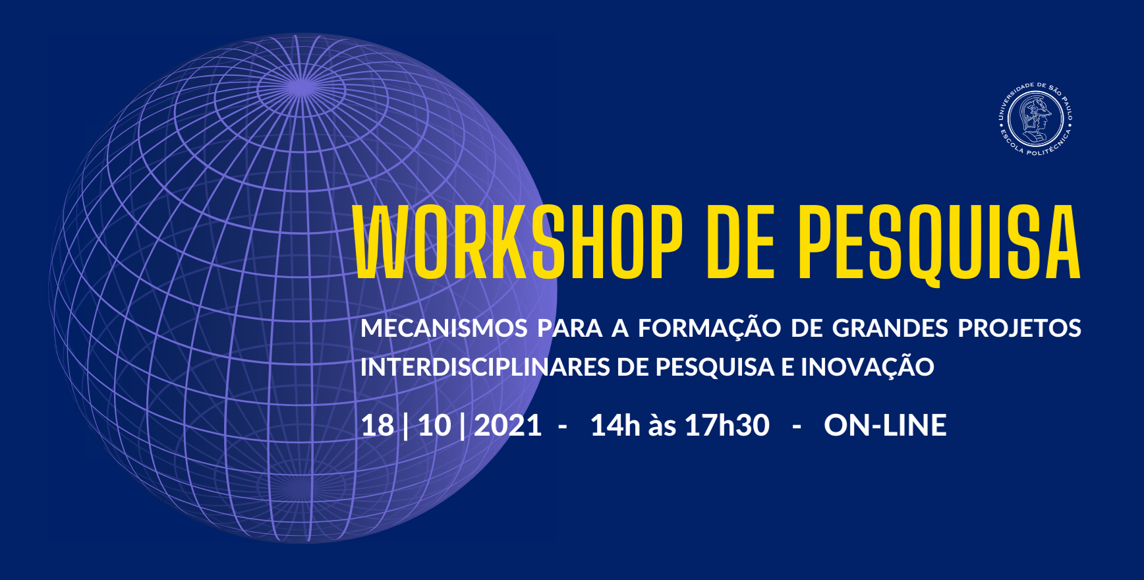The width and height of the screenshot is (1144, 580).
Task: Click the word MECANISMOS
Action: pos(444,328)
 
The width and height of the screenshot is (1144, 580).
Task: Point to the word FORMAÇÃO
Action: pos(709,327)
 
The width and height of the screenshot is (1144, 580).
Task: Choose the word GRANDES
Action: pos(890,328)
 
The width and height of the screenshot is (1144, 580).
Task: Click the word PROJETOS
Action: pos(1019,328)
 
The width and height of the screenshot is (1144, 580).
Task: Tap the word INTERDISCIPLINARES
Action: pos(485,367)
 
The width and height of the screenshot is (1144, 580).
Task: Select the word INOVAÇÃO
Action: pos(867,366)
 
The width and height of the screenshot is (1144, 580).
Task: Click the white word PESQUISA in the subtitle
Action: pos(715,367)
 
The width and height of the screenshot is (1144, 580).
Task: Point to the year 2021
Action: pos(507,426)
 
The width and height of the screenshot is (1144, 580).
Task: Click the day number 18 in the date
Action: pos(378,426)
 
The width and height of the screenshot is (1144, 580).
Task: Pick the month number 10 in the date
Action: pos(435,426)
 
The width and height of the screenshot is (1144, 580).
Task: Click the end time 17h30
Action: pos(727,426)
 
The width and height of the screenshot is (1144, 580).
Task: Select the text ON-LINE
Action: pos(885,426)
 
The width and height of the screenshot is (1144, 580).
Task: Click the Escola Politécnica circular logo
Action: pos(1035,119)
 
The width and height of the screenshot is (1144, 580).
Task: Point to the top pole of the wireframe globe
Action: pos(300,88)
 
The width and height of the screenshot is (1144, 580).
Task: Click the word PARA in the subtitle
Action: pos(570,328)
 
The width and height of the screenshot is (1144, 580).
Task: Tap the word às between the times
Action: pos(662,426)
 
